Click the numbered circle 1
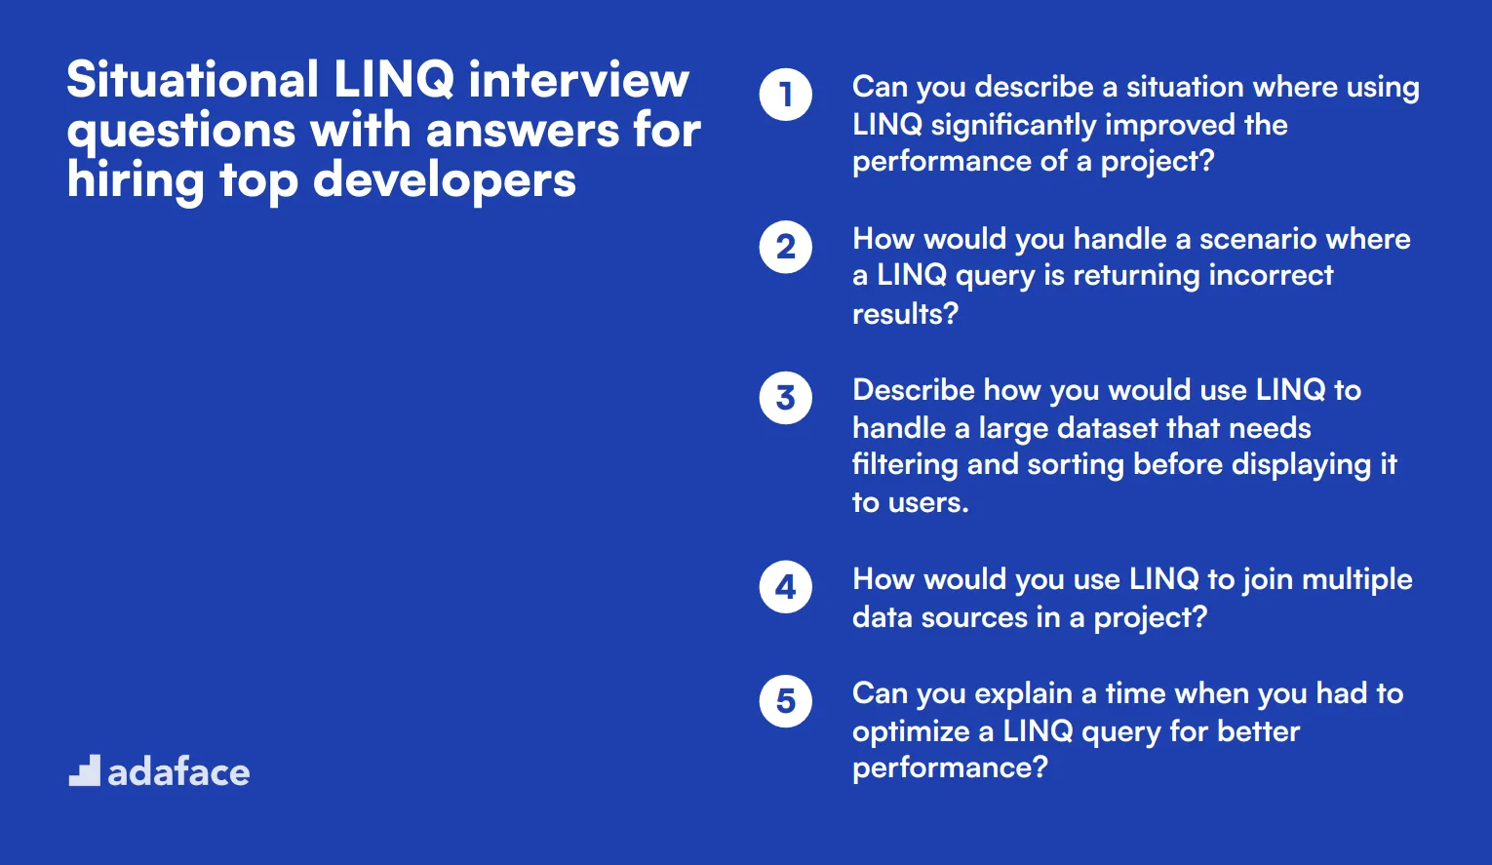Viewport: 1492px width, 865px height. [785, 95]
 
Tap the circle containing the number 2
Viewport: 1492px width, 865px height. [785, 247]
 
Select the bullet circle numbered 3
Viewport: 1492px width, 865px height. [785, 398]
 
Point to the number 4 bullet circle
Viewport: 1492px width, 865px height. [785, 587]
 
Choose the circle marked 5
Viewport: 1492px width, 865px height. [785, 701]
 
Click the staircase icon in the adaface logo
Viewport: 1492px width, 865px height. [85, 770]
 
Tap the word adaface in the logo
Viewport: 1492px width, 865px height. [178, 772]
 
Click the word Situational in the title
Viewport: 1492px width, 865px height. [192, 79]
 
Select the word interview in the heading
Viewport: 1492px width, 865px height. [578, 79]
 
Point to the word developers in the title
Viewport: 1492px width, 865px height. [445, 181]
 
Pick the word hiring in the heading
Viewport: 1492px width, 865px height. [136, 181]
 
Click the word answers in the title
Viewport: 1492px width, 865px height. [523, 131]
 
